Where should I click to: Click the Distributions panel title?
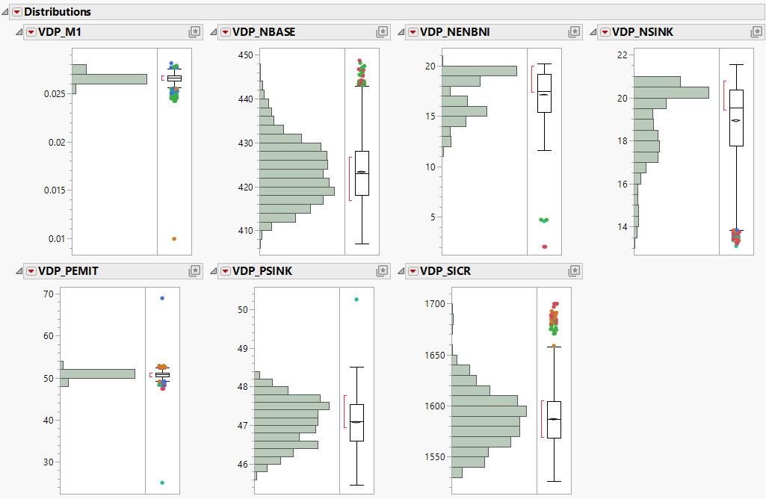click(58, 12)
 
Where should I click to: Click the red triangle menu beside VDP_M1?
click(31, 31)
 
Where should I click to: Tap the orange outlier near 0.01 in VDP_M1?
click(174, 238)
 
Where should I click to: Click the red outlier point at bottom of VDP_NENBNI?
click(545, 247)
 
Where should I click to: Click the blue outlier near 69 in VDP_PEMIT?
click(162, 298)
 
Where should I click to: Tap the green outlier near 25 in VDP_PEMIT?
click(162, 483)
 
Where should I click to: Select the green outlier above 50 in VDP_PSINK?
click(356, 300)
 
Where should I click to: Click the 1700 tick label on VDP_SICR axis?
click(434, 304)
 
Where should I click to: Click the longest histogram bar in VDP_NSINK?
click(671, 93)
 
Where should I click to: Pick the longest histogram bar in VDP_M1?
click(109, 79)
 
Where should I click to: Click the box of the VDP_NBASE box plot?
click(362, 173)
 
